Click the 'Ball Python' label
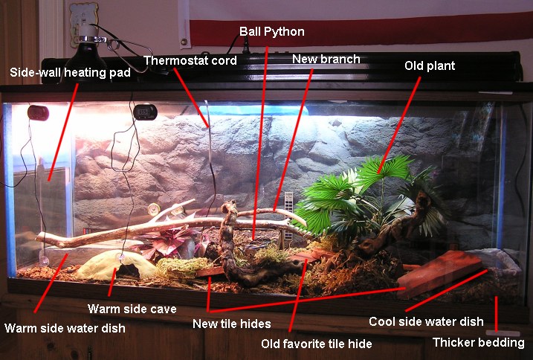pyautogui.click(x=272, y=32)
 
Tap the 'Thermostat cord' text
pyautogui.click(x=190, y=60)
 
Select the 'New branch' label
pyautogui.click(x=326, y=60)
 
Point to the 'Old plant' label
pyautogui.click(x=430, y=65)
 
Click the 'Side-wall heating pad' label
pyautogui.click(x=70, y=72)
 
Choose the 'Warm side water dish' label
pyautogui.click(x=65, y=328)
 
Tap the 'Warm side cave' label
pyautogui.click(x=132, y=309)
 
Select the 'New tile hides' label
pyautogui.click(x=232, y=324)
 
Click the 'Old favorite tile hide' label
pyautogui.click(x=317, y=344)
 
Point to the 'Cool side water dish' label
pyautogui.click(x=426, y=321)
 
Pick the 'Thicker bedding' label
pyautogui.click(x=478, y=343)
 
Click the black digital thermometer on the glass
pyautogui.click(x=145, y=112)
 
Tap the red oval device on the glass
pyautogui.click(x=39, y=113)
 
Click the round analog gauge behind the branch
pyautogui.click(x=154, y=209)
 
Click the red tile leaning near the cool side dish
pyautogui.click(x=439, y=274)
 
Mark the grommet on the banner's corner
pyautogui.click(x=184, y=42)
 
